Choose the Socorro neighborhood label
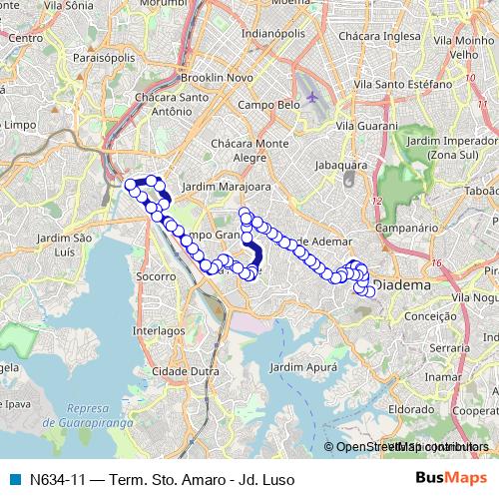coord(156,274)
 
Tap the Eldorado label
coord(411,408)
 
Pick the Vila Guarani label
coord(366,127)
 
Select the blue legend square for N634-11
coord(14,479)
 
